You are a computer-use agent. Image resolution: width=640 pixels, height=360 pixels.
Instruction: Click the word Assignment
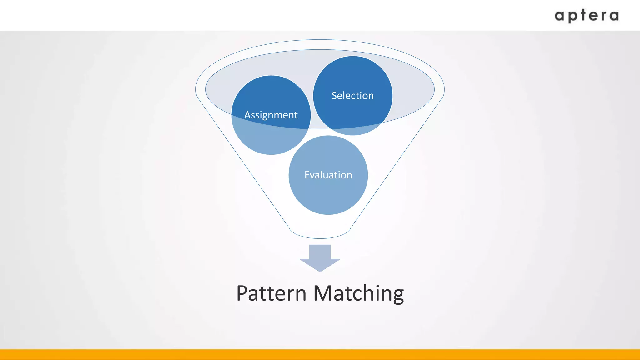point(271,115)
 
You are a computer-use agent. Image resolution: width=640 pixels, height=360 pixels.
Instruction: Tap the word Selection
point(352,96)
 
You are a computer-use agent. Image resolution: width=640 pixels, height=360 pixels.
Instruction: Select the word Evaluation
point(328,175)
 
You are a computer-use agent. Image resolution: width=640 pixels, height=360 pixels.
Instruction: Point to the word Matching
point(358,294)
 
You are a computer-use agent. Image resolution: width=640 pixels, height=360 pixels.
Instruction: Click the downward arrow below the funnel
point(320,258)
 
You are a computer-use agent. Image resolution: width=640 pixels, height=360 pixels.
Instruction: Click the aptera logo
point(587,16)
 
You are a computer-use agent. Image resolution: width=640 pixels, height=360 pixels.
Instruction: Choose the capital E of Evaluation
point(307,175)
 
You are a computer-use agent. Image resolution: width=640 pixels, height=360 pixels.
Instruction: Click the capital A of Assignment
point(247,115)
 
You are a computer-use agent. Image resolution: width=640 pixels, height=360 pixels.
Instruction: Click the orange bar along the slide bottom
point(320,355)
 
